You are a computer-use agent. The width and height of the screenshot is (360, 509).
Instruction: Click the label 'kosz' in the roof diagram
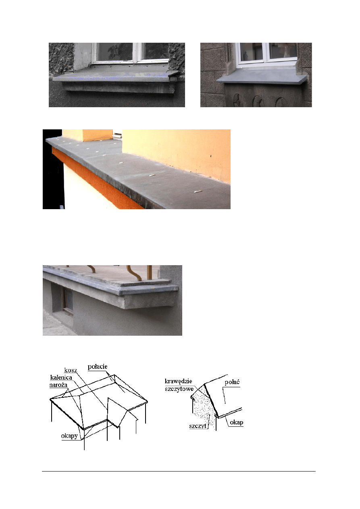(71, 370)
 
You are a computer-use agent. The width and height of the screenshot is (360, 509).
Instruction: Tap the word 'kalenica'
(61, 378)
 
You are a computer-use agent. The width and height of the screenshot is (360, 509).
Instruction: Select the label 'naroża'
(58, 385)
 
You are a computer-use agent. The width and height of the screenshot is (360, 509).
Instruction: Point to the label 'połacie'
(98, 367)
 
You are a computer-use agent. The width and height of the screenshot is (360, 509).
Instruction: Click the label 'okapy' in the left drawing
(69, 436)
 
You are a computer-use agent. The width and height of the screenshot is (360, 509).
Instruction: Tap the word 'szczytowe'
(179, 389)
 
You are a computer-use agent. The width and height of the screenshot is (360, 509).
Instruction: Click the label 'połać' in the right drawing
(232, 382)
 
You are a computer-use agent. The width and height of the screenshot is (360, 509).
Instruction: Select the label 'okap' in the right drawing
(236, 422)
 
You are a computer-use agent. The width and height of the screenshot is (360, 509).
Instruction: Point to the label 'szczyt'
(198, 426)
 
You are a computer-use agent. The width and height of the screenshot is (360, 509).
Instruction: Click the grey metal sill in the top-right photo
(261, 76)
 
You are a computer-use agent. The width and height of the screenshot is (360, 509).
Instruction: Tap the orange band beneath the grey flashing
(98, 179)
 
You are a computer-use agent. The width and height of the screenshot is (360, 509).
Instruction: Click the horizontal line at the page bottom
(179, 472)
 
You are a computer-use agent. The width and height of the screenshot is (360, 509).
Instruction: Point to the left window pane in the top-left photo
(115, 52)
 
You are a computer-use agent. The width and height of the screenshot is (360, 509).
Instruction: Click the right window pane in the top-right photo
(283, 50)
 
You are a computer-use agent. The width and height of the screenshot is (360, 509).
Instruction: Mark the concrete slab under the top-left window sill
(118, 87)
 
